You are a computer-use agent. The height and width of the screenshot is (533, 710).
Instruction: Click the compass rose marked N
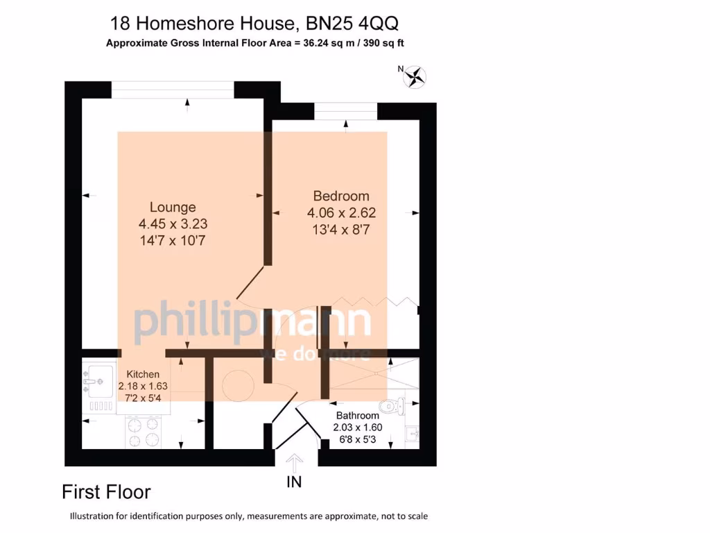416,76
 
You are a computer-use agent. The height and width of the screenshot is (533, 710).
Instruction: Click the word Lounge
173,207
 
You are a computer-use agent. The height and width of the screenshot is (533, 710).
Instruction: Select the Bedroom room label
340,196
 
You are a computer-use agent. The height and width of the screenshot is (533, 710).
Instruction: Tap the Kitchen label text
142,374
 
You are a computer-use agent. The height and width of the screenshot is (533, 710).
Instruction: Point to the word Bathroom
357,416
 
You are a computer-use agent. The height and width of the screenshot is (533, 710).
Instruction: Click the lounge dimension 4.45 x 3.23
173,224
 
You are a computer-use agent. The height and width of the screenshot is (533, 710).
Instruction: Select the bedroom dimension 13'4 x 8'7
341,230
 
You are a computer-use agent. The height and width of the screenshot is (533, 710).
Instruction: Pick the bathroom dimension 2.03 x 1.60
358,428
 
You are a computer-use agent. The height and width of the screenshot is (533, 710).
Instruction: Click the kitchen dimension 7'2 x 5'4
142,398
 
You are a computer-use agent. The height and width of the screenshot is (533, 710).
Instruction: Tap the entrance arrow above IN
295,463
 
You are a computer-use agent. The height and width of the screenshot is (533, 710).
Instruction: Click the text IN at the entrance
295,482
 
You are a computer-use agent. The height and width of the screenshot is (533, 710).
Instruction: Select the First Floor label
106,492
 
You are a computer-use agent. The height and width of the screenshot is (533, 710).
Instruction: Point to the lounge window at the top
173,86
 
